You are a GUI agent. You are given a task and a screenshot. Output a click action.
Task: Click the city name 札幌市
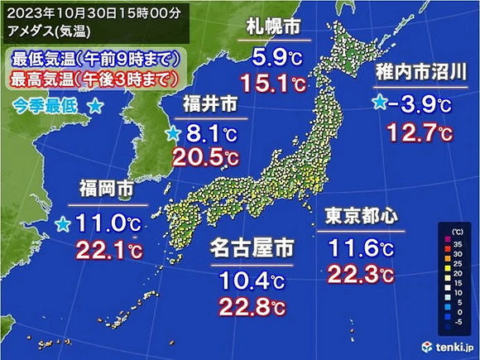click(274, 28)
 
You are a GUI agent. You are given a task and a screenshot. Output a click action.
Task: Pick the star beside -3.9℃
click(380, 103)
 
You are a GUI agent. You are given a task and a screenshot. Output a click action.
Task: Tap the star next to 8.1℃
click(173, 133)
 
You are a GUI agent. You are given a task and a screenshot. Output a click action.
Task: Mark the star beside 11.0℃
click(63, 223)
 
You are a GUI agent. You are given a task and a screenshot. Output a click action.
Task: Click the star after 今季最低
click(96, 107)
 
